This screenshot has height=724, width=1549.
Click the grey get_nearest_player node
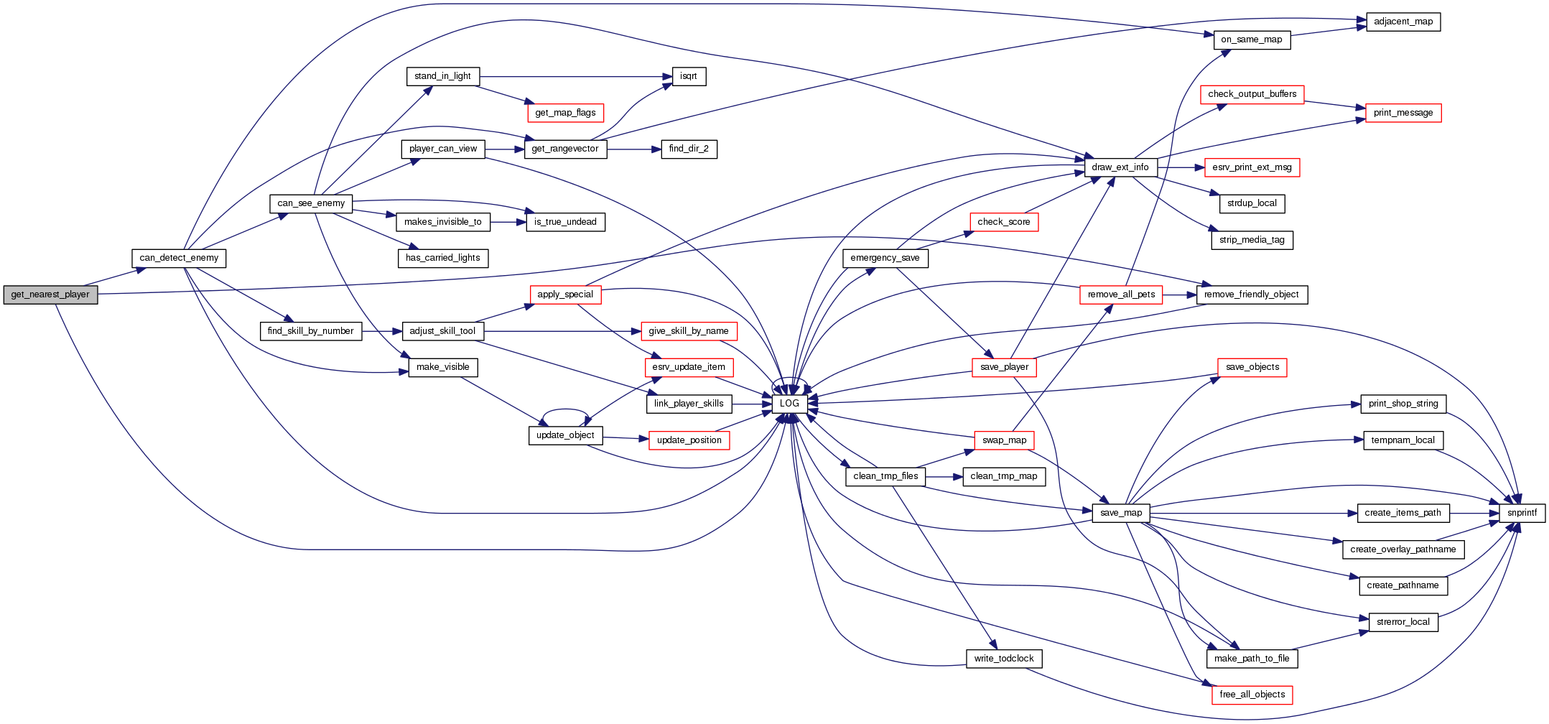coord(50,294)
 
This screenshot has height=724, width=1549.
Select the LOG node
coord(789,404)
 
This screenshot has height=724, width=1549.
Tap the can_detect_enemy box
coord(179,258)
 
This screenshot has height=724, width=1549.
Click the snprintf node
coord(1522,513)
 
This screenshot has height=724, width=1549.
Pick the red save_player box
coord(1004,367)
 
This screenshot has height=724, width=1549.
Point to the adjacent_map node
coord(1403,22)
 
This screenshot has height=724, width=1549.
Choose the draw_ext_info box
coord(1120,167)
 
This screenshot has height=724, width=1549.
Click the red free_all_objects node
coord(1252,695)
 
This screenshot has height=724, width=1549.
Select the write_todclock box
coord(1003,659)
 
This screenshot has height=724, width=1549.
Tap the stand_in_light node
coord(442,76)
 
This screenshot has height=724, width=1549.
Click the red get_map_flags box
coord(565,113)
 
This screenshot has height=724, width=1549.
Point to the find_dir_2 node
coord(688,149)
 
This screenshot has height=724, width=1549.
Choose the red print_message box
coord(1403,113)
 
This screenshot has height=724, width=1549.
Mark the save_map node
coord(1120,513)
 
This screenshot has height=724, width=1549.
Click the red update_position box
coord(689,440)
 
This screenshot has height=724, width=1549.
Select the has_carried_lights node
coord(442,258)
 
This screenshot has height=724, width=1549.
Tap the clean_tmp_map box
coord(1003,476)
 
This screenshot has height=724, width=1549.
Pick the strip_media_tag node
coord(1252,240)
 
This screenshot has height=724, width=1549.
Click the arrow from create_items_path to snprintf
coord(1475,513)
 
